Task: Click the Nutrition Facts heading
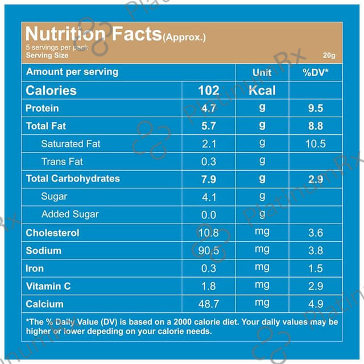[x=93, y=35]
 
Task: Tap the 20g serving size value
[x=329, y=55]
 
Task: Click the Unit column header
[x=262, y=72]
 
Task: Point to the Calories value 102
[x=208, y=90]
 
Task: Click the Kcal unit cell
[x=262, y=90]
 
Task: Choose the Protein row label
[x=42, y=108]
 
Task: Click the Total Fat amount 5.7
[x=208, y=126]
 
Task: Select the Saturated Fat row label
[x=71, y=144]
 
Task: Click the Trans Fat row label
[x=62, y=162]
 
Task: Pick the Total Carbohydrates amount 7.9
[x=208, y=179]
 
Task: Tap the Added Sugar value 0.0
[x=208, y=215]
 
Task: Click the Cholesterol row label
[x=52, y=233]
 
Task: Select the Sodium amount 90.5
[x=208, y=250]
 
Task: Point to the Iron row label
[x=35, y=268]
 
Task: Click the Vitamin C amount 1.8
[x=208, y=286]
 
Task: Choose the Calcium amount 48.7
[x=208, y=304]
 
